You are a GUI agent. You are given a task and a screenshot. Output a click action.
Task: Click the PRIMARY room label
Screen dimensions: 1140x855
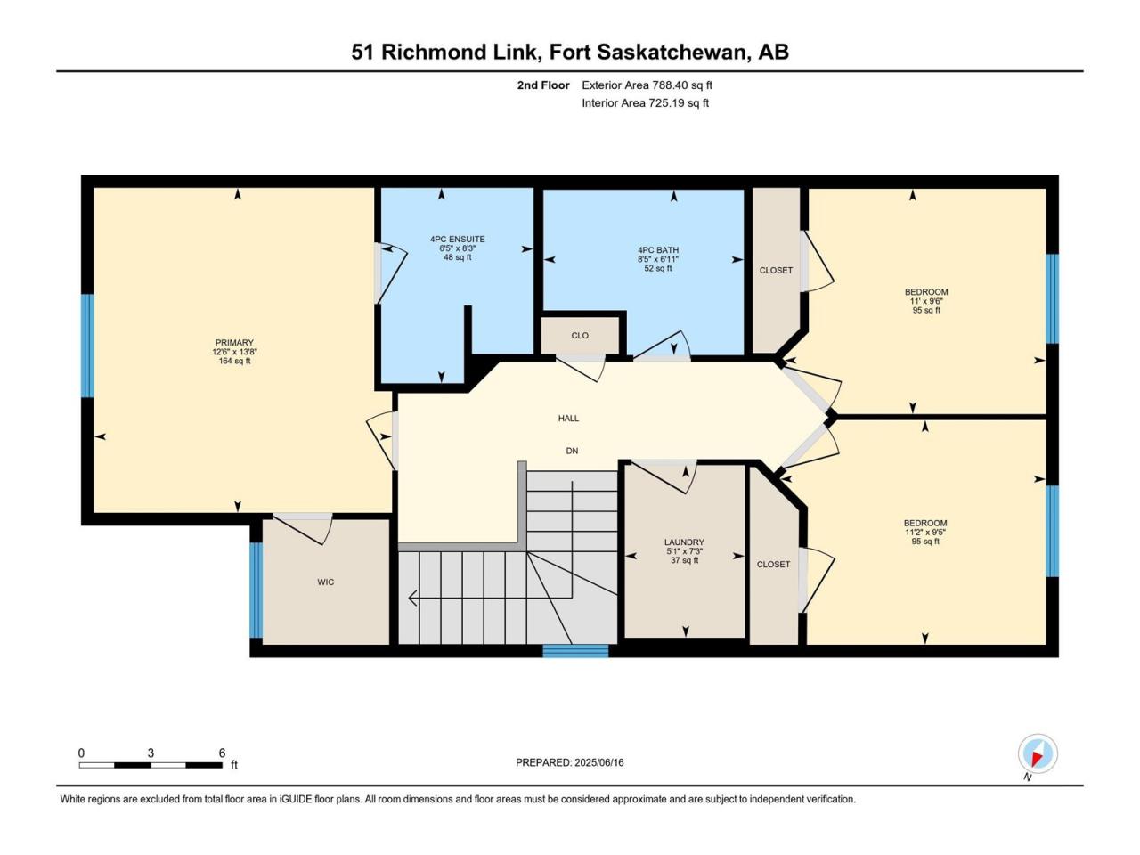234,343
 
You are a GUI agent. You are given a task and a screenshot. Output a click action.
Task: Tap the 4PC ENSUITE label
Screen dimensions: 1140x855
457,240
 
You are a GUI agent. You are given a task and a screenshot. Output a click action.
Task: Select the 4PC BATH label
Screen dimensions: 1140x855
658,250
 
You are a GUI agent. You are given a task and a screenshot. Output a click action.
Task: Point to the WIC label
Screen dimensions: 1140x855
326,582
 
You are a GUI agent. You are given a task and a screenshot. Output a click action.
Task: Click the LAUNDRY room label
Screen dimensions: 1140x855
684,542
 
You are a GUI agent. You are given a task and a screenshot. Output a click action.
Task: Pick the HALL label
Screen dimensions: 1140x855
568,418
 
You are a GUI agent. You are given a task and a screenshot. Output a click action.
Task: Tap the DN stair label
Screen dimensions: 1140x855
572,451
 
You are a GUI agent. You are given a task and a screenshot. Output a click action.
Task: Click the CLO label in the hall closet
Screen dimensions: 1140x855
580,336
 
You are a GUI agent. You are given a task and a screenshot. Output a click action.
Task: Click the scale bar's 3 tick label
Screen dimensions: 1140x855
151,753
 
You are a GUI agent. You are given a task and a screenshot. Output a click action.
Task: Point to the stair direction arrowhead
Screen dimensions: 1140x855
413,598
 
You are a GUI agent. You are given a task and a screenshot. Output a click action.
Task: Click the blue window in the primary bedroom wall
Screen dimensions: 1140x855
88,346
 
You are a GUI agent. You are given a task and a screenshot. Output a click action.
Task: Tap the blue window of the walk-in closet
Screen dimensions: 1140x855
256,590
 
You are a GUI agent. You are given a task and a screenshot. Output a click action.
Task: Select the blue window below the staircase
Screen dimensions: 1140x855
575,651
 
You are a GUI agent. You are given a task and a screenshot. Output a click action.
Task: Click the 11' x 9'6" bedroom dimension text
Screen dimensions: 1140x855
926,301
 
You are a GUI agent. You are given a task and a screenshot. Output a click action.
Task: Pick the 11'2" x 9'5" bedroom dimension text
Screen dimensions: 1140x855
925,532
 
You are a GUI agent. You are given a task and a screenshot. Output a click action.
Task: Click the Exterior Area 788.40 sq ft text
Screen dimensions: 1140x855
647,85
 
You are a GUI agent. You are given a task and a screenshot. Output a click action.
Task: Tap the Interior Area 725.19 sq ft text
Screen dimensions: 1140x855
645,102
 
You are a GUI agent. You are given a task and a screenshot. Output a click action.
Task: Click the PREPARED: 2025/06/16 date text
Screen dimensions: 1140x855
570,762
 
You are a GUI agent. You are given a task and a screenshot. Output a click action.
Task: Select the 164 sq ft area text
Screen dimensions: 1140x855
234,361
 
